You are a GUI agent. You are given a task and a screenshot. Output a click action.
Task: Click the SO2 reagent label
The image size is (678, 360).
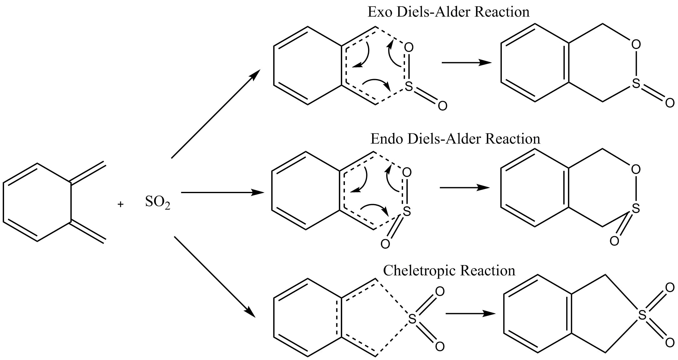click(x=157, y=202)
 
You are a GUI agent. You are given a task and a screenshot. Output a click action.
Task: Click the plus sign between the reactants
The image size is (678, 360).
click(x=121, y=204)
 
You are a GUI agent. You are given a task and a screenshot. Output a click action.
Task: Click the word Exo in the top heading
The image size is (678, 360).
click(x=379, y=12)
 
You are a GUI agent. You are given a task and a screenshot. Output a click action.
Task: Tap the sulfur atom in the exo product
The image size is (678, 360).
click(x=636, y=83)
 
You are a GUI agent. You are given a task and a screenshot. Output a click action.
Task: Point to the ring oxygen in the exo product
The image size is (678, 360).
click(x=636, y=45)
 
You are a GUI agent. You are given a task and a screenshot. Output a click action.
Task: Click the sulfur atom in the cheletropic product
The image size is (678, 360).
click(x=642, y=315)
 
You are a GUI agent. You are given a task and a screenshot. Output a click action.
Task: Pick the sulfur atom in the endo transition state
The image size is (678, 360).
click(x=406, y=212)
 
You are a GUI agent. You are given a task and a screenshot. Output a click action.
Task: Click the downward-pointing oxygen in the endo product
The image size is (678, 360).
click(x=614, y=241)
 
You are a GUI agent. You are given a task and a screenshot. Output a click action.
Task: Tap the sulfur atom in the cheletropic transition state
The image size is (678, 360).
click(x=412, y=319)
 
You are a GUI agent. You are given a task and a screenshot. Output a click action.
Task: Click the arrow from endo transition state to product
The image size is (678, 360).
click(x=464, y=188)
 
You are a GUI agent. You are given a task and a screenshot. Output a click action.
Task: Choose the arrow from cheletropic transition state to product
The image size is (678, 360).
click(x=470, y=313)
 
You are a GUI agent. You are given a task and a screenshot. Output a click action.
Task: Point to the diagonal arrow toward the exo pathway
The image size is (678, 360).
click(x=216, y=114)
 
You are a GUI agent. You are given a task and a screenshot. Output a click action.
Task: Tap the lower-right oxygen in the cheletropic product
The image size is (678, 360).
click(x=670, y=343)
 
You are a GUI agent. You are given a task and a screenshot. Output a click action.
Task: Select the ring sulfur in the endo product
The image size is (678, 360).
click(x=636, y=208)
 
